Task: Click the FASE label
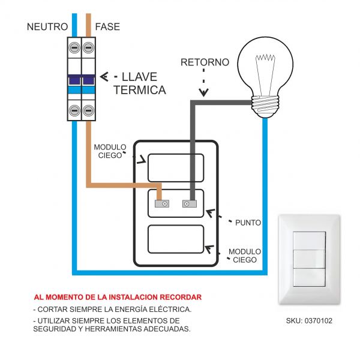pyautogui.click(x=107, y=27)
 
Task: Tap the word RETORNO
pyautogui.click(x=205, y=62)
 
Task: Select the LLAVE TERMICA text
pyautogui.click(x=139, y=83)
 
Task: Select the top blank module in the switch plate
pyautogui.click(x=176, y=167)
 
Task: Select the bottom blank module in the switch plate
pyautogui.click(x=176, y=240)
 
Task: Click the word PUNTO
pyautogui.click(x=248, y=223)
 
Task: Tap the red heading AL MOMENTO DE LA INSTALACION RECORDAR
pyautogui.click(x=118, y=297)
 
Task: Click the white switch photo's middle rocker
pyautogui.click(x=310, y=259)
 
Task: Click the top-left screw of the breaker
pyautogui.click(x=75, y=47)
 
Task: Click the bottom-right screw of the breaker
pyautogui.click(x=89, y=110)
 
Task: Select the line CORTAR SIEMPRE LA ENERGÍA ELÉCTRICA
pyautogui.click(x=112, y=309)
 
